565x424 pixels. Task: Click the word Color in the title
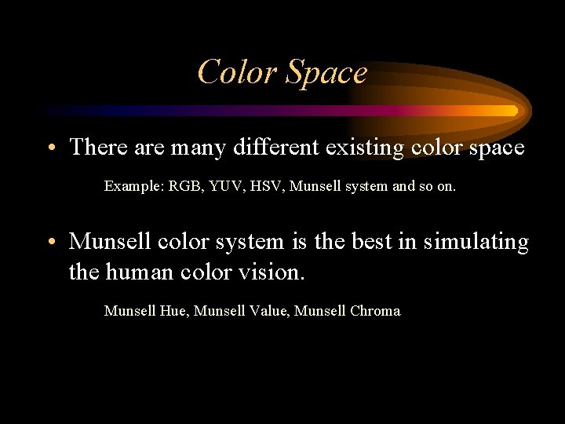coord(238,72)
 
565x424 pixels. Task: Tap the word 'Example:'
coord(133,187)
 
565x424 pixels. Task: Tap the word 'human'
coord(144,273)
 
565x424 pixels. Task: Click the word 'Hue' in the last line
coord(173,311)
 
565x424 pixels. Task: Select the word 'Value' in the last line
coord(269,311)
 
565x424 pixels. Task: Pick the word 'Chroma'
coord(374,311)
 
